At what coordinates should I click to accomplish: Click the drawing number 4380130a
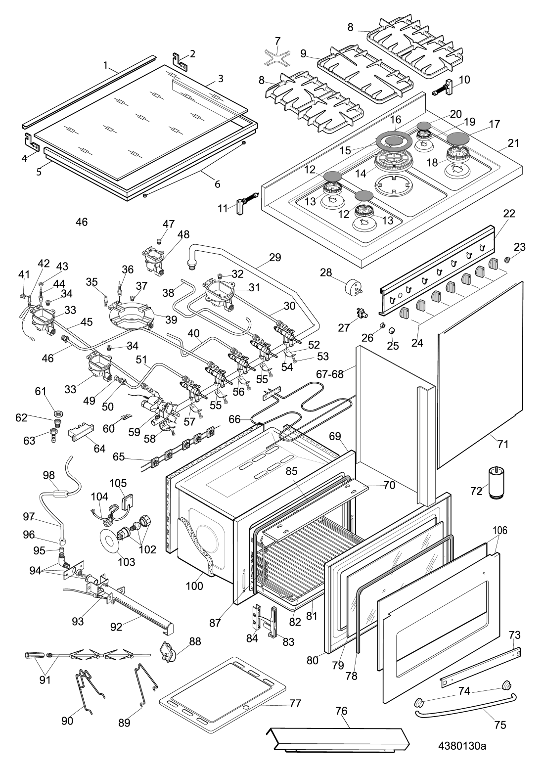pyautogui.click(x=462, y=745)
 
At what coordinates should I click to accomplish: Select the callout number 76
pyautogui.click(x=341, y=711)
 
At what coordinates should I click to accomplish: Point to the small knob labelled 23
pyautogui.click(x=508, y=260)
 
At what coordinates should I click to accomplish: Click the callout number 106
pyautogui.click(x=500, y=531)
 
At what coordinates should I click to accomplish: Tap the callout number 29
pyautogui.click(x=275, y=257)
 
